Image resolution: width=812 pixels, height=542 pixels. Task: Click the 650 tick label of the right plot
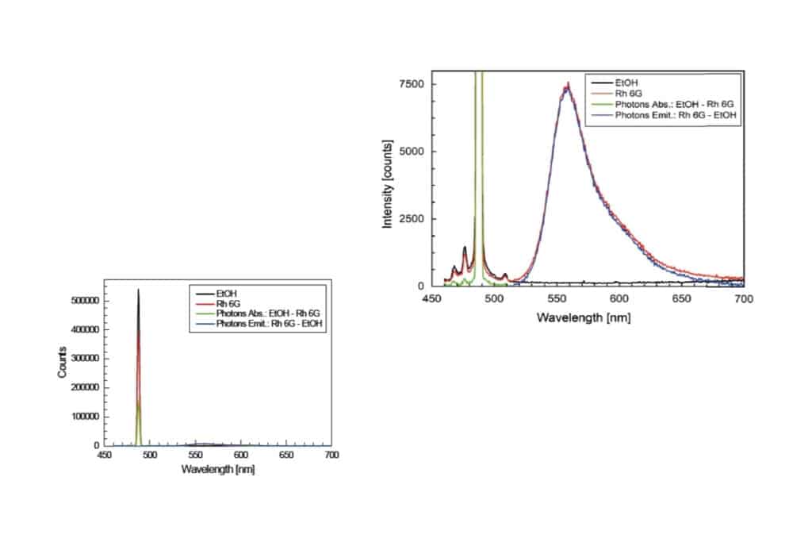[x=681, y=300]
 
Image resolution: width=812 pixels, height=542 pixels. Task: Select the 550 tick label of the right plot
[x=557, y=300]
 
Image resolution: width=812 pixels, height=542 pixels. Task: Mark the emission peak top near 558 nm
[x=567, y=84]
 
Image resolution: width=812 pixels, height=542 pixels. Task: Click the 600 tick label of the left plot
[x=242, y=456]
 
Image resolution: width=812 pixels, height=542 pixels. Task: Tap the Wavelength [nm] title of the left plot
[x=217, y=469]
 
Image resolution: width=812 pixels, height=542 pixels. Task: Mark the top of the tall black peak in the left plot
[x=138, y=290]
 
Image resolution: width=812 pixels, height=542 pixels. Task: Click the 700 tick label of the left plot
[x=332, y=456]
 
